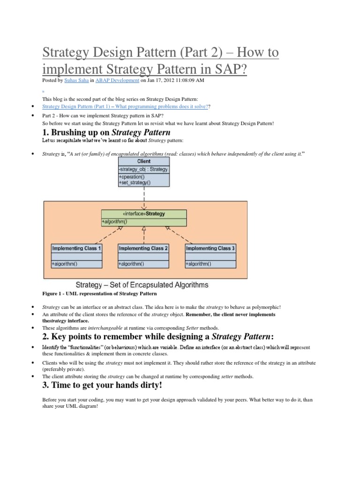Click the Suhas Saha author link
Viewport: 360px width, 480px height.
pyautogui.click(x=75, y=81)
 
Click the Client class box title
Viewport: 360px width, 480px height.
pyautogui.click(x=144, y=161)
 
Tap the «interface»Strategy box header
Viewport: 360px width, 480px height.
pyautogui.click(x=143, y=214)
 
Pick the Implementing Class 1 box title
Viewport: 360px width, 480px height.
pyautogui.click(x=76, y=248)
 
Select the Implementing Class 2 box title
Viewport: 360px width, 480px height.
pyautogui.click(x=143, y=248)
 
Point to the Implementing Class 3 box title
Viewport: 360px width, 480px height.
pyautogui.click(x=211, y=248)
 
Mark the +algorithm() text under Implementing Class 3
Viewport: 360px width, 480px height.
pyautogui.click(x=199, y=264)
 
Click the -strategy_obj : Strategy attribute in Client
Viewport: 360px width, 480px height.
pyautogui.click(x=143, y=169)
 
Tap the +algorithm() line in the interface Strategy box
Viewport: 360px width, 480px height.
pyautogui.click(x=115, y=221)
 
